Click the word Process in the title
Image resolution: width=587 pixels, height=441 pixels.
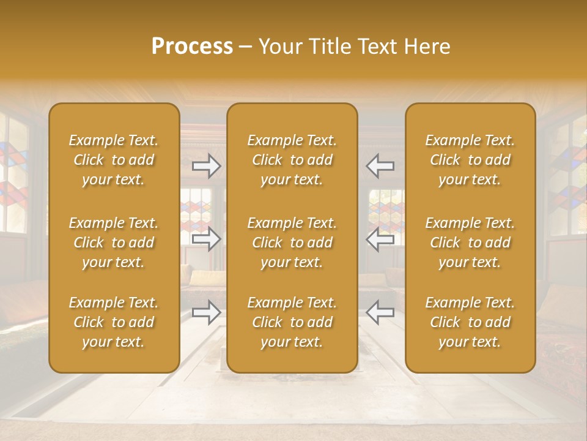192,47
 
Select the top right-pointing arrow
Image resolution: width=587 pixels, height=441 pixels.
207,166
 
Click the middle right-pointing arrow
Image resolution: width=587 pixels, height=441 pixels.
207,239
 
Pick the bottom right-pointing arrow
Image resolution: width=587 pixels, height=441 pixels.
207,312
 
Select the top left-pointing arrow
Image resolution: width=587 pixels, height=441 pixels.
380,166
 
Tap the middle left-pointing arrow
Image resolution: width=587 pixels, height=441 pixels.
380,239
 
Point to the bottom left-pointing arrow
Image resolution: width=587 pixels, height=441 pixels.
380,312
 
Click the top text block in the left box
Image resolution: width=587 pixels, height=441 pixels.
114,160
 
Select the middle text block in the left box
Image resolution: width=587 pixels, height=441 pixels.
114,243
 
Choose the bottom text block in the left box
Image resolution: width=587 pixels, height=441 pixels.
114,322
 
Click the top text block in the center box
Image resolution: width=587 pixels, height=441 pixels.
292,160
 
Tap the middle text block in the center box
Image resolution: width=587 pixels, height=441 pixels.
292,243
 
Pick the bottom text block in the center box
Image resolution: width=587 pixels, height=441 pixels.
292,322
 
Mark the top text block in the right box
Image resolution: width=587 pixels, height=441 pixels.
470,160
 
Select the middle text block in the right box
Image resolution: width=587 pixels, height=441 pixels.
470,243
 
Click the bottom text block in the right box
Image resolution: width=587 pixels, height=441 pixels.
470,322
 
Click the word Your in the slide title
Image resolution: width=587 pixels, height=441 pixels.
281,47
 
